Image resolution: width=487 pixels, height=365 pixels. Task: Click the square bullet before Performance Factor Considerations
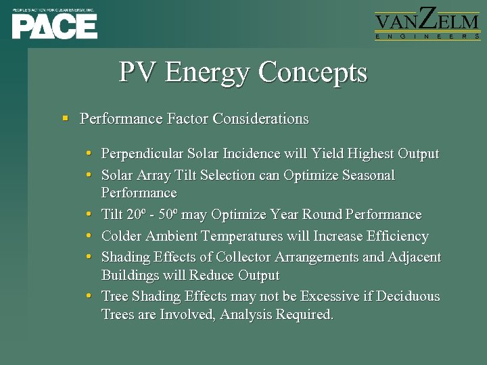click(66, 119)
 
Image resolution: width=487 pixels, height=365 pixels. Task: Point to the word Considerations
click(260, 119)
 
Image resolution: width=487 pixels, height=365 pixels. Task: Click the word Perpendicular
click(141, 154)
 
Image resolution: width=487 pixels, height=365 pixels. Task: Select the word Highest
click(371, 154)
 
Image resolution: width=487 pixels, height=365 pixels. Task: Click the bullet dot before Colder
click(89, 237)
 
